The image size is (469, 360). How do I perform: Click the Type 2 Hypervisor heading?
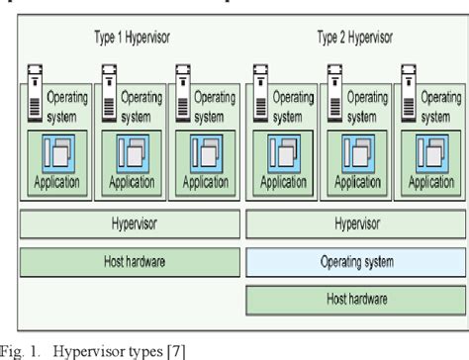click(x=355, y=38)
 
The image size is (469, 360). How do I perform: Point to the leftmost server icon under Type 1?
click(x=36, y=88)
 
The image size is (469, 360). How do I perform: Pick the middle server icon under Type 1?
click(x=110, y=88)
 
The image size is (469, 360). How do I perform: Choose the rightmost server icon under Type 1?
click(x=183, y=88)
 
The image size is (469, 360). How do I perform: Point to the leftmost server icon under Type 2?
click(x=260, y=88)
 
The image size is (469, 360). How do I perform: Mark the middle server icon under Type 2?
click(x=333, y=88)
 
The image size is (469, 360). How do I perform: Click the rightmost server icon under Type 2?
click(x=408, y=88)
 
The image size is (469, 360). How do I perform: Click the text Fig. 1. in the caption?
click(x=20, y=349)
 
